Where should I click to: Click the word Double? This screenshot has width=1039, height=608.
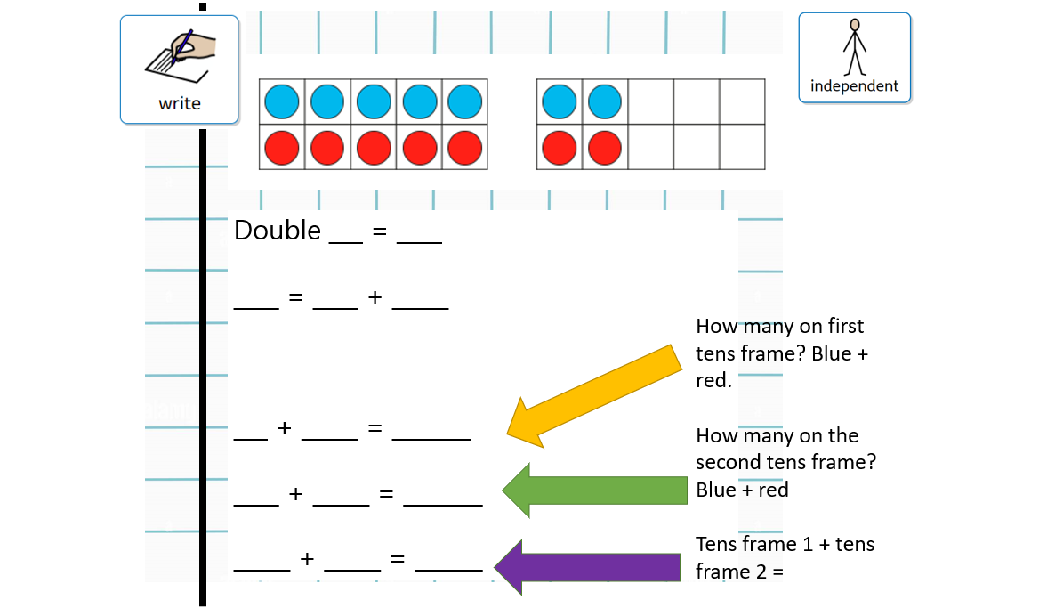(x=277, y=231)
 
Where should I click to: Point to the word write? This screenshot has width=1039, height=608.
(x=180, y=103)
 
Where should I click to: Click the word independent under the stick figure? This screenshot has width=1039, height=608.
(x=854, y=86)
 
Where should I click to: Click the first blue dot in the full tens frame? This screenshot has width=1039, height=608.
(x=282, y=101)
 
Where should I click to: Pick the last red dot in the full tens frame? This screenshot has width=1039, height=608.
(x=463, y=147)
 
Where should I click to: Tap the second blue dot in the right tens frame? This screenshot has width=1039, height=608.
(x=605, y=101)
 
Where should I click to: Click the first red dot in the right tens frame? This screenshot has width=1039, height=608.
(x=560, y=147)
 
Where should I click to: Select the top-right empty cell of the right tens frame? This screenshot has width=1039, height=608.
(x=742, y=101)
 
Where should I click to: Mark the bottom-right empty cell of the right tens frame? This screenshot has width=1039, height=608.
(x=742, y=147)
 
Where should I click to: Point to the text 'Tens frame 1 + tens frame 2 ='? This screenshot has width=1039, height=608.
(x=785, y=557)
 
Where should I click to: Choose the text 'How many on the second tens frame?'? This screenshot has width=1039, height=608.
(x=777, y=449)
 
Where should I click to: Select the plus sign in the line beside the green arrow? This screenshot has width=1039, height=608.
(x=296, y=494)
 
